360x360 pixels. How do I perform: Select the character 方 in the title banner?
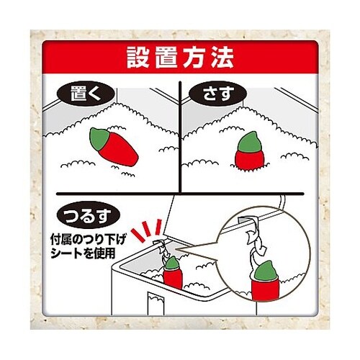194,55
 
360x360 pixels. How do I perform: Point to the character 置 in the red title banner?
166,55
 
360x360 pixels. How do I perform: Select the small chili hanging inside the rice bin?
172,274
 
